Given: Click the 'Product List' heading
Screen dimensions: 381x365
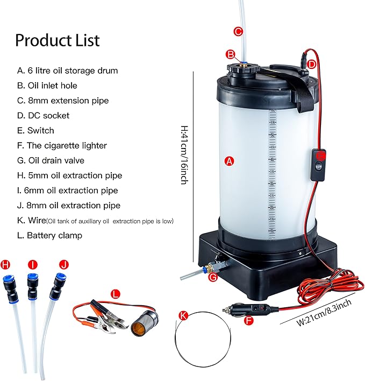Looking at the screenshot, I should [x=57, y=40].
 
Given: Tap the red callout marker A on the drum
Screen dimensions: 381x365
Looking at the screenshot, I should [x=229, y=161].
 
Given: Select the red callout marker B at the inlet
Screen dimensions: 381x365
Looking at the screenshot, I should [x=230, y=54].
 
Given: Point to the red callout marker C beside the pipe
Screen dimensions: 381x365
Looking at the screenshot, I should [x=238, y=31].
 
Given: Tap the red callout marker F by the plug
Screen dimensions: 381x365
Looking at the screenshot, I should [x=248, y=321].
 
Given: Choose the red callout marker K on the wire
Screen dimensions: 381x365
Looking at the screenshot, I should [x=184, y=316].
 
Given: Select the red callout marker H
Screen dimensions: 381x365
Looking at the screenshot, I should [x=6, y=264].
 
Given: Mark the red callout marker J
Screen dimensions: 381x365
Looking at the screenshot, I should [x=65, y=264].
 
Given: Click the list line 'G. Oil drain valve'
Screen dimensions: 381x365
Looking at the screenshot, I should [x=51, y=160].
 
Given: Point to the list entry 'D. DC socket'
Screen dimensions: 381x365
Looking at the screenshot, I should [x=44, y=115].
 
